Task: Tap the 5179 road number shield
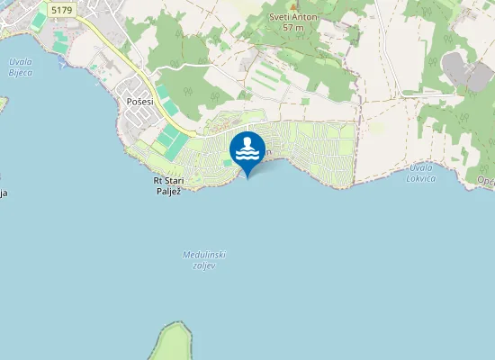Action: coord(62,10)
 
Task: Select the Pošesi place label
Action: coord(139,102)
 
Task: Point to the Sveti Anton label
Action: coord(292,16)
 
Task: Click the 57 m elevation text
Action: coord(292,28)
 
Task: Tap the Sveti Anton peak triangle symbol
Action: coord(292,5)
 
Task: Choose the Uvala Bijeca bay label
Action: coord(19,67)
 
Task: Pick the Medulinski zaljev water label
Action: coord(203,259)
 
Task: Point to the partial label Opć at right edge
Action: coord(486,182)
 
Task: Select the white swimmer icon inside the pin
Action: coord(247,147)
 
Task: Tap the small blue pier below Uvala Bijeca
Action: coord(60,65)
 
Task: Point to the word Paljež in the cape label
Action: coord(169,190)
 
